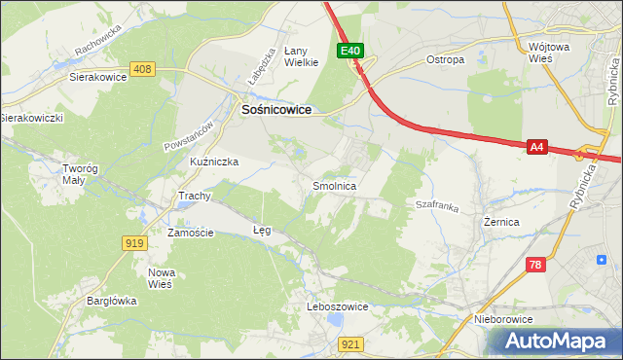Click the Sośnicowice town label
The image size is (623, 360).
coord(275,111)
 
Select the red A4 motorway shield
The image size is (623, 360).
coord(536,147)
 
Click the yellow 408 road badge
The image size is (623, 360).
coord(143,68)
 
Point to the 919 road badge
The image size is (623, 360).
coord(135,242)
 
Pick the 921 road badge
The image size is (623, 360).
coord(351,343)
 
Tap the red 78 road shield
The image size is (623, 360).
coord(535,265)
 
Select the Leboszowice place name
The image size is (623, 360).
coord(337,306)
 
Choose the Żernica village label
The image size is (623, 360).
coord(501,222)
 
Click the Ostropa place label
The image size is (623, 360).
coord(445,59)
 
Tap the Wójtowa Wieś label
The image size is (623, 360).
coord(553,53)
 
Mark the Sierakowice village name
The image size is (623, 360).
coord(99,75)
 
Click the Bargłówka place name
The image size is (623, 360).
coord(110,301)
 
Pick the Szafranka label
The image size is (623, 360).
coord(436,206)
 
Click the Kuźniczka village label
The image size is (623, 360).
coord(214,162)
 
